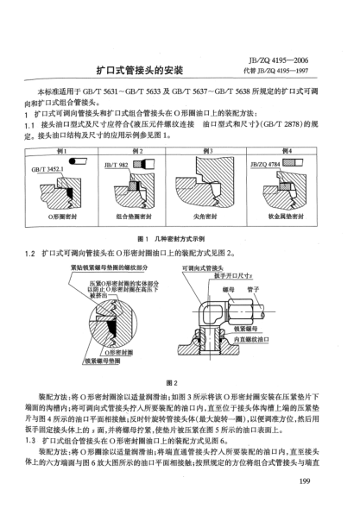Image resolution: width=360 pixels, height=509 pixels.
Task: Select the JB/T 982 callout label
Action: (x=117, y=163)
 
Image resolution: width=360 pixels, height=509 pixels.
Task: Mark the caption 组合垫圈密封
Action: (x=139, y=218)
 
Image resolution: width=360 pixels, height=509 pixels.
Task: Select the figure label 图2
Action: (x=179, y=380)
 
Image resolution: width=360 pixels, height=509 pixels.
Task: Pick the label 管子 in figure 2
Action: (x=256, y=289)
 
